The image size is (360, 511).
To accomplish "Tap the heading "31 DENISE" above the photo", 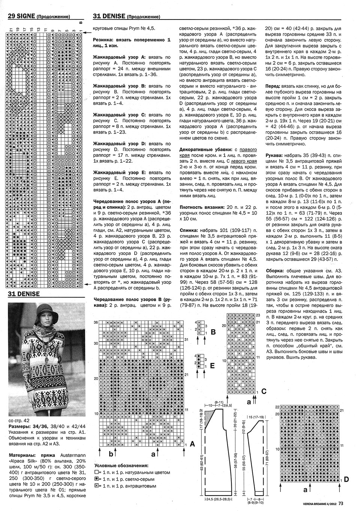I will (x=24, y=294).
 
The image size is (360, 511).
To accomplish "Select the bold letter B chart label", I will (x=213, y=331).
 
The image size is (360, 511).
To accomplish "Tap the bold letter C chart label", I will (x=264, y=391).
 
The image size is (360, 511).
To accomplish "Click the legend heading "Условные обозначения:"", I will (x=121, y=466).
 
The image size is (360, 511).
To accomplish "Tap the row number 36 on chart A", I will (x=96, y=322).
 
